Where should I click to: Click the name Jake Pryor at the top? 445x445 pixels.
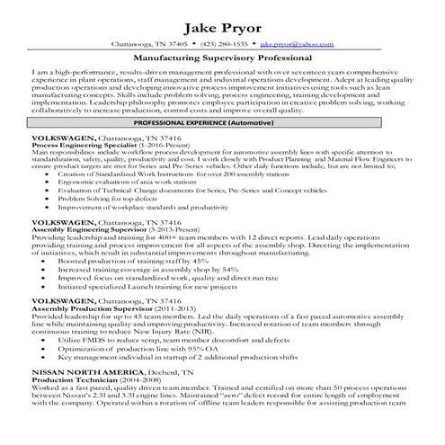[222, 23]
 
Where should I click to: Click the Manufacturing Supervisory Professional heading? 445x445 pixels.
[222, 57]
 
